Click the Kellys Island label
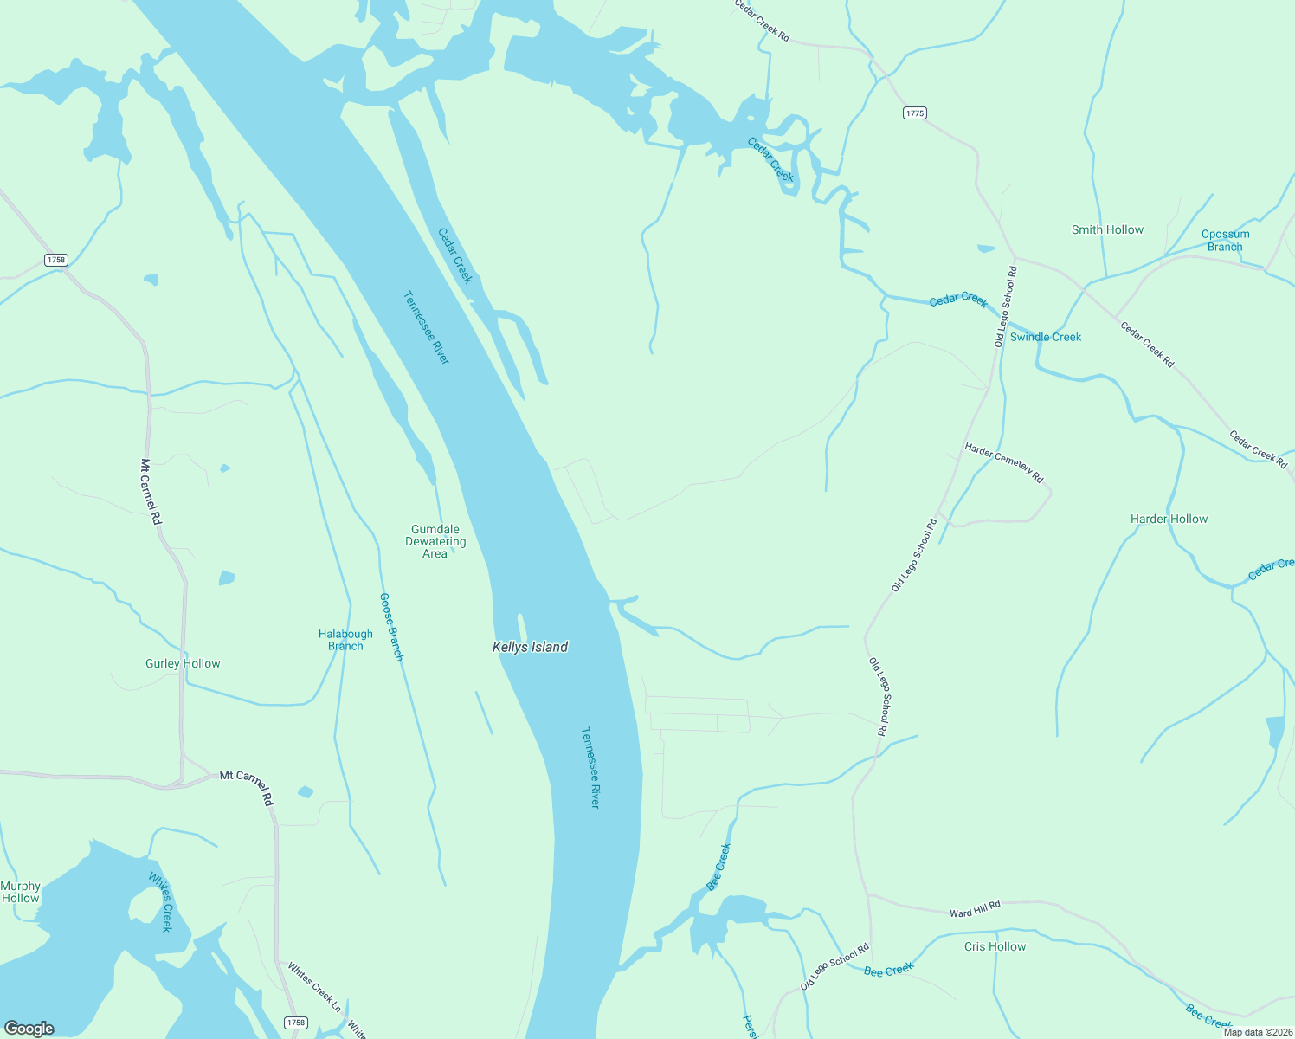click(530, 647)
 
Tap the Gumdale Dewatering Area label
click(435, 541)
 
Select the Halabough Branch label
click(345, 640)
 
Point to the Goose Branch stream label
click(392, 627)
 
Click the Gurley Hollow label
click(183, 663)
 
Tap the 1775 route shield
click(914, 113)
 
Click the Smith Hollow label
click(1107, 229)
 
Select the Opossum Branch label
click(1225, 240)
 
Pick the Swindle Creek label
click(1046, 337)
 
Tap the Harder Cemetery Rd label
click(1004, 462)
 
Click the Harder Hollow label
click(1169, 519)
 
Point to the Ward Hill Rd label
click(975, 909)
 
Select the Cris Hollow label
click(995, 946)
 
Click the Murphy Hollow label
click(20, 892)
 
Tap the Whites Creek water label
click(161, 901)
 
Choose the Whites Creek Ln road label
click(314, 986)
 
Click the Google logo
click(29, 1029)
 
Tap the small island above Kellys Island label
click(522, 626)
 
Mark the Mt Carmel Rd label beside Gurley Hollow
click(152, 491)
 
